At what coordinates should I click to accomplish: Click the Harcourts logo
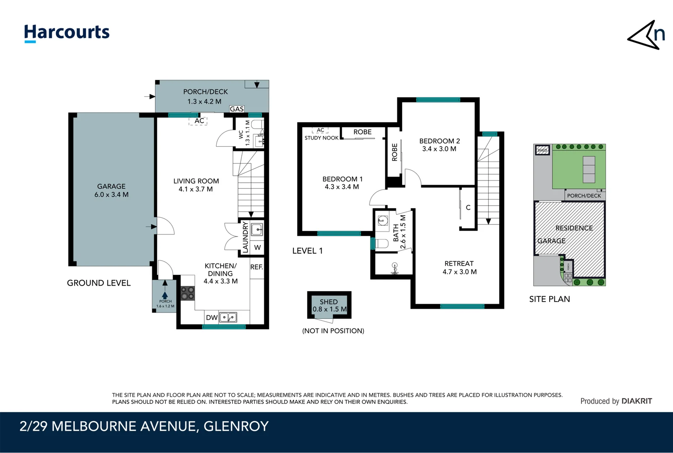pos(67,33)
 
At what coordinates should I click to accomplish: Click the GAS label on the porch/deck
pos(237,109)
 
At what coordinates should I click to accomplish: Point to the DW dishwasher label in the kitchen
pos(211,318)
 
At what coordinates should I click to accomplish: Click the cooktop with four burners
pos(188,293)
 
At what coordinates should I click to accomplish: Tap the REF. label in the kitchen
pos(257,267)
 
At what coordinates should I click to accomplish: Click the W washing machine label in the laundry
pos(257,247)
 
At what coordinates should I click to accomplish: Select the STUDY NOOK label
pos(321,138)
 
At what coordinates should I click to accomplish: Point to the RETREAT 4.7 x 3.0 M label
pos(459,268)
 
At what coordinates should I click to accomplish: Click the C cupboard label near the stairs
pos(468,208)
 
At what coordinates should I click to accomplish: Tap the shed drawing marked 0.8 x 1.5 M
pos(329,305)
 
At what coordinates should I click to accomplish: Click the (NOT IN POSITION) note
pos(333,331)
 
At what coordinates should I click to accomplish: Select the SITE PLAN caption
pos(549,299)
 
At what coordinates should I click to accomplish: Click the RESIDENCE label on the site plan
pos(574,228)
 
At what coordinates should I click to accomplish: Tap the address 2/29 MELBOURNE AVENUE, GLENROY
pos(144,426)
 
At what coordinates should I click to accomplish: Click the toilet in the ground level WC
pos(257,124)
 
